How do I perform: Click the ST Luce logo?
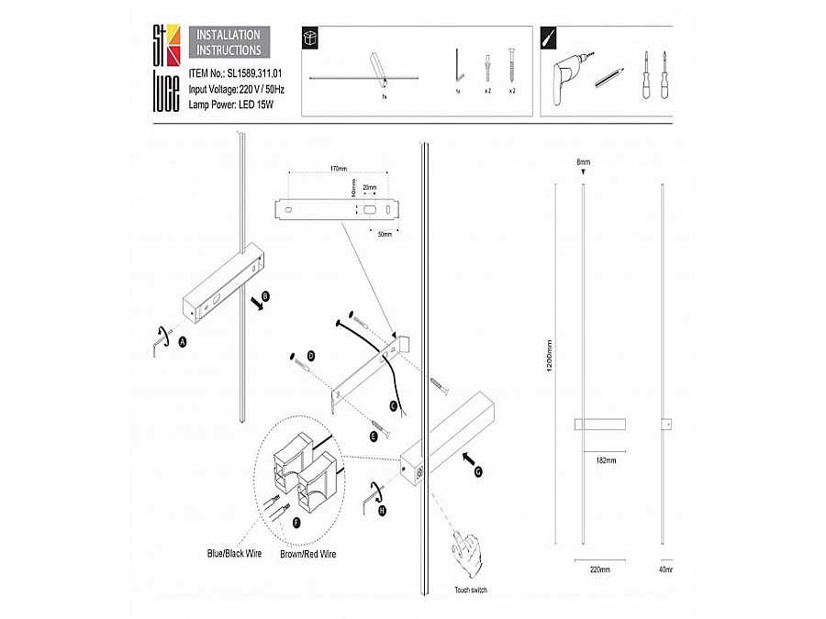point(165,68)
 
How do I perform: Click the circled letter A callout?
point(182,341)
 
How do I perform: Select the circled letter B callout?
point(266,296)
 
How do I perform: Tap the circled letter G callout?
point(478,472)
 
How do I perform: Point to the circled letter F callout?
point(296,522)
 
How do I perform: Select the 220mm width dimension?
point(600,569)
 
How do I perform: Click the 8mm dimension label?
point(583,161)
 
